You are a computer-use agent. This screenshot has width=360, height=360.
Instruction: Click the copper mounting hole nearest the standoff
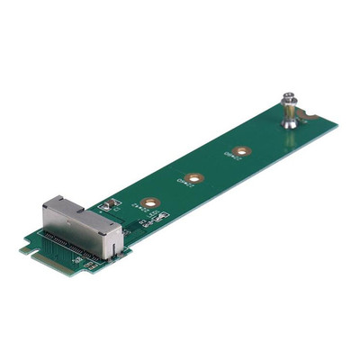pyautogui.click(x=239, y=150)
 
